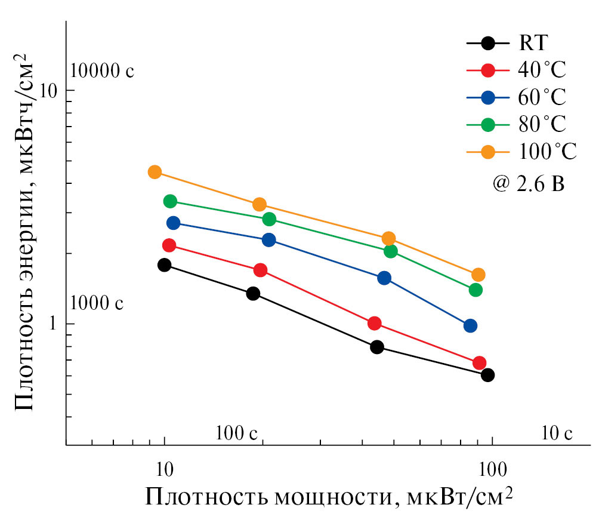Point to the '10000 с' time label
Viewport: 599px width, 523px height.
click(102, 71)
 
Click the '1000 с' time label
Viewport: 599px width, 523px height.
click(97, 303)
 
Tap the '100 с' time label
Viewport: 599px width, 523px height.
click(236, 432)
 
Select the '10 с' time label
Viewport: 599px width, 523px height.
click(557, 432)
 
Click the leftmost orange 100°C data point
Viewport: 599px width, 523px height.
click(155, 172)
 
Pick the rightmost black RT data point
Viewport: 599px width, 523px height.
click(487, 375)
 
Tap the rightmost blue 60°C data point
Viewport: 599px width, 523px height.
click(470, 326)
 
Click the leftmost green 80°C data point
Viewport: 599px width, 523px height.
click(170, 201)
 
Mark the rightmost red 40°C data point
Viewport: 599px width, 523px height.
click(479, 363)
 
